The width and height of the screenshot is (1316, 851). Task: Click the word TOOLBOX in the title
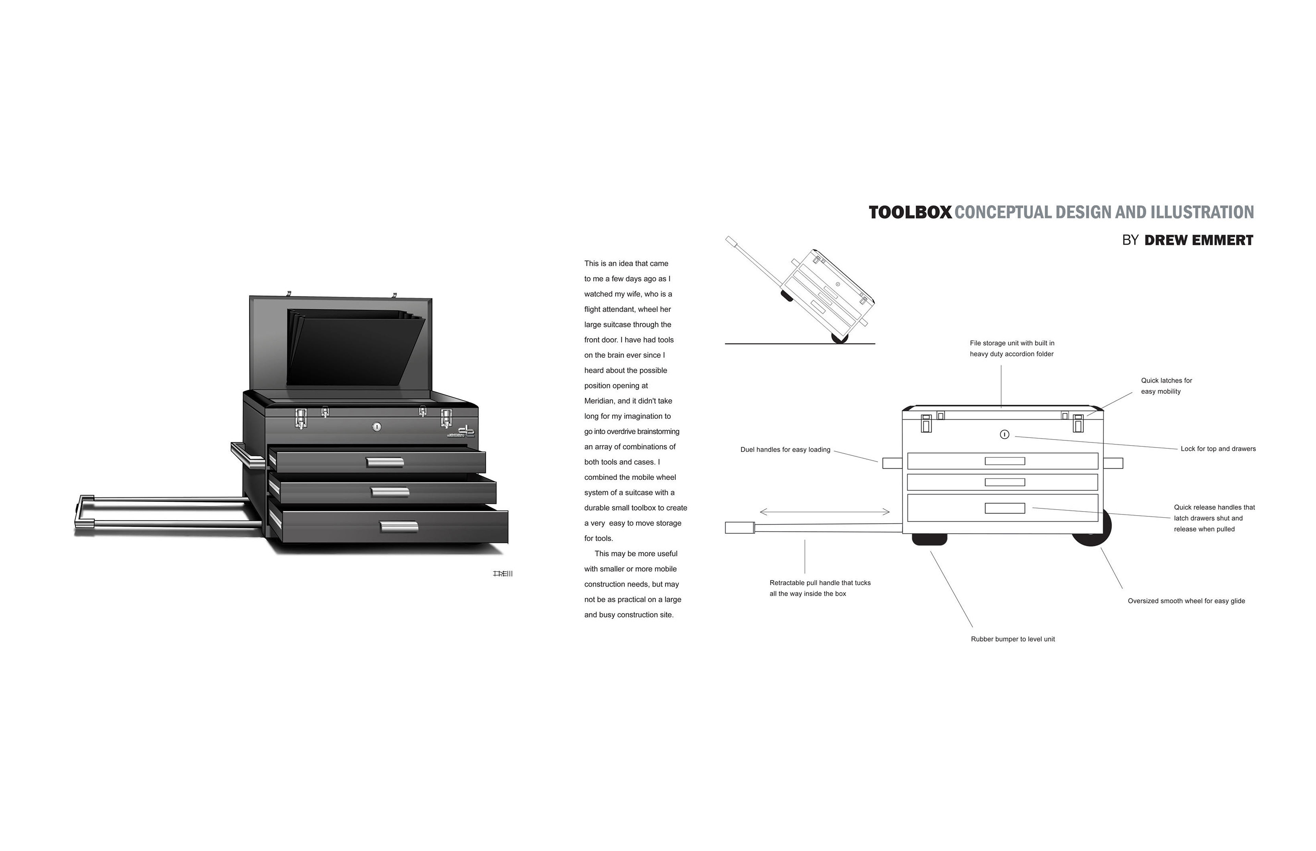910,213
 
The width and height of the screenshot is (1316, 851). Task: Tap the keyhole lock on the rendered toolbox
377,427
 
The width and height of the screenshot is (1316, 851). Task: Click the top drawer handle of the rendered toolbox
385,462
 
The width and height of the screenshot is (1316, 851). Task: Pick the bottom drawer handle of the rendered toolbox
399,527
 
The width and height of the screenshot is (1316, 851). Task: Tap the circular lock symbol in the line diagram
1005,434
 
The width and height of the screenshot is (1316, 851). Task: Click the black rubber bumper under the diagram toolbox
929,539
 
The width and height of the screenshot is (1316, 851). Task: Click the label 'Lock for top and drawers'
1218,449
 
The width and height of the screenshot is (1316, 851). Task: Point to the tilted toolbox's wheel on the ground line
839,338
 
